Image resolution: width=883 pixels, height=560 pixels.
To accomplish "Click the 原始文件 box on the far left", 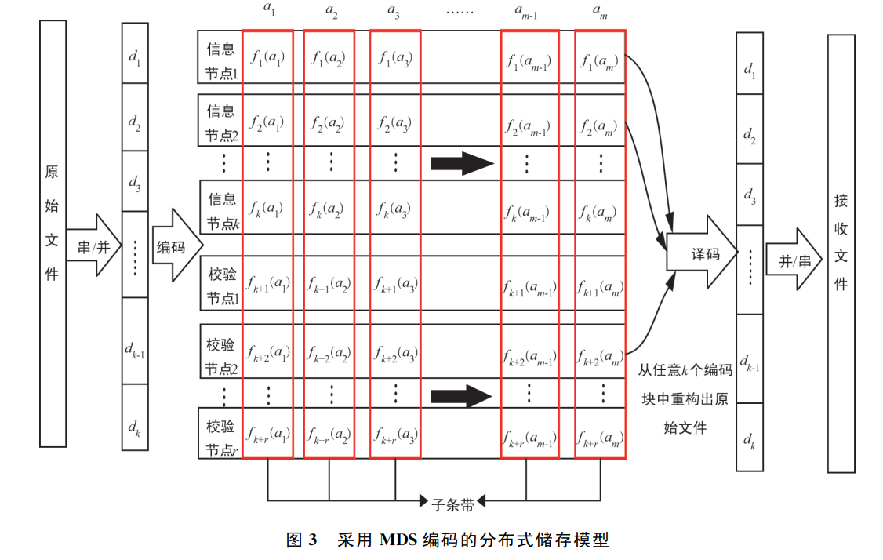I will point(53,234).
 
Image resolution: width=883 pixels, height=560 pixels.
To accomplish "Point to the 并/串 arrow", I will point(794,260).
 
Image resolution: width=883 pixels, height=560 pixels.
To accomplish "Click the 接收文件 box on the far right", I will point(841,253).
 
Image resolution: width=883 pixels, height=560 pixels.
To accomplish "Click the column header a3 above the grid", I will point(393,11).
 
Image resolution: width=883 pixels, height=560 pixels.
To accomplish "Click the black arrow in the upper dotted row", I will point(463,164).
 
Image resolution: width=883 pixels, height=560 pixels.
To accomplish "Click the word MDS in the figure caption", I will point(398,540).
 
